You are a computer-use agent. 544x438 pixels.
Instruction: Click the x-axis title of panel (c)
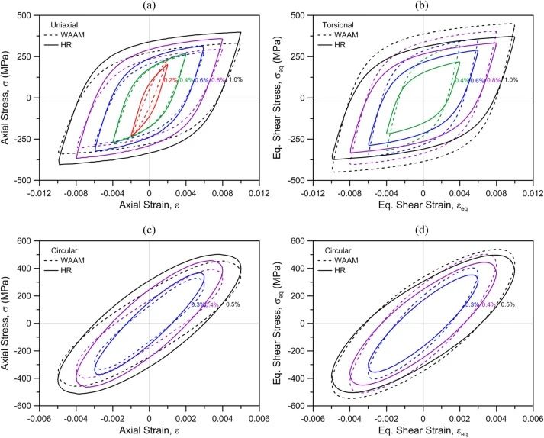[149, 430]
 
